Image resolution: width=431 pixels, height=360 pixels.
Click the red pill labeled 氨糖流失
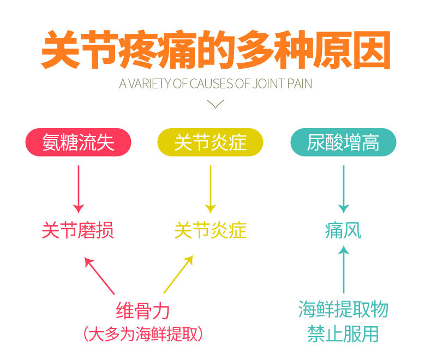79,143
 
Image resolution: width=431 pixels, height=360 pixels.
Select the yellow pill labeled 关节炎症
210,143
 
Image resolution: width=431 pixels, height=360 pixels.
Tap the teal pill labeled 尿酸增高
343,143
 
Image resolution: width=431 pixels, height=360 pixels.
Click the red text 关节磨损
78,231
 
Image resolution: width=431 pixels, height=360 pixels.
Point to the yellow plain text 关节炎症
211,231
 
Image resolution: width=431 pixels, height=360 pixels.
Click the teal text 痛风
343,231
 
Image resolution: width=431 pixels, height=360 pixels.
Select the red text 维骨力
143,311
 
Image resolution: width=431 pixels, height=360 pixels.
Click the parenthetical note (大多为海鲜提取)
143,333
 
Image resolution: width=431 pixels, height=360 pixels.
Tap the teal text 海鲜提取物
343,310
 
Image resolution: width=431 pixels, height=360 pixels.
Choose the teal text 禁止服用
343,333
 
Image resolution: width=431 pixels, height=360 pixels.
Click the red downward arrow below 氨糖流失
79,188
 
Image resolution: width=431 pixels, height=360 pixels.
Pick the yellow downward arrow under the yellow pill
211,188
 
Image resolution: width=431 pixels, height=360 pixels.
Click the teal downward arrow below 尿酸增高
343,188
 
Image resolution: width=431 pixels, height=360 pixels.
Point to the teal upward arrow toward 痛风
343,270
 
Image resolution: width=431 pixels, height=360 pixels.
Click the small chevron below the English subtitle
216,104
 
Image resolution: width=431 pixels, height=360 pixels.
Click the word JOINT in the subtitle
269,85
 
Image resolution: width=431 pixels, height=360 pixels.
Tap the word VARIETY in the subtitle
148,85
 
